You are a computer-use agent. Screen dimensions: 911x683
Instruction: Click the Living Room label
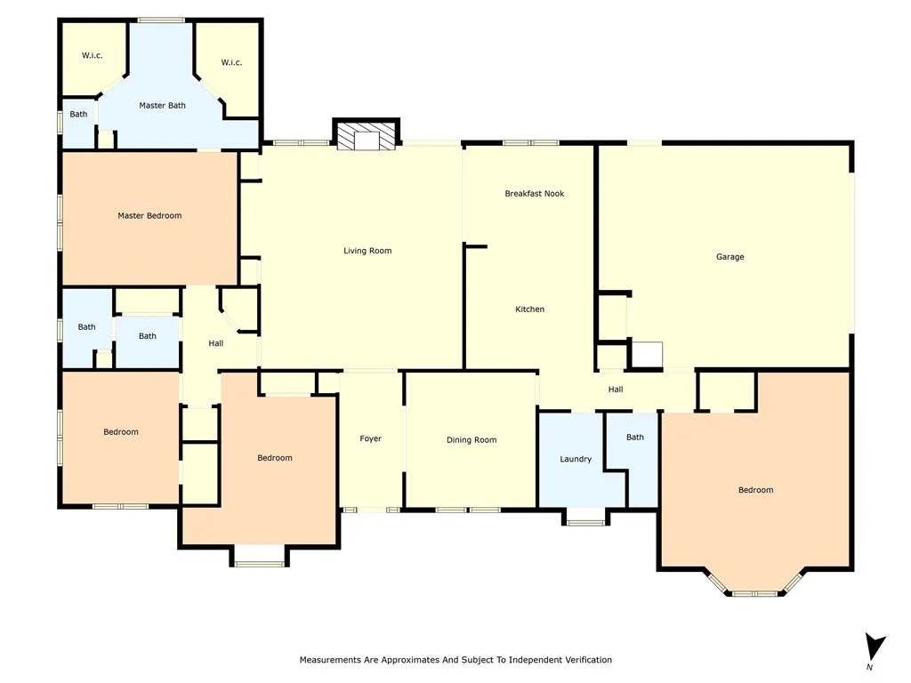[x=367, y=251]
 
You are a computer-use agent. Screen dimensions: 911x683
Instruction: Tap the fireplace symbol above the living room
[x=366, y=135]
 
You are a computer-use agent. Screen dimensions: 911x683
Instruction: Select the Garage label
[x=730, y=257]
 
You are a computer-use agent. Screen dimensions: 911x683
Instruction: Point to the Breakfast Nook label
[x=535, y=193]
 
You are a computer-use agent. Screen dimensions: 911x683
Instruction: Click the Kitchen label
[x=530, y=309]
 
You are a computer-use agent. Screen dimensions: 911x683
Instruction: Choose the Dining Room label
[x=472, y=439]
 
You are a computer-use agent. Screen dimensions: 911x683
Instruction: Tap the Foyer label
[x=371, y=438]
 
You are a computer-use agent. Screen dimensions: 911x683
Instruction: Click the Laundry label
[x=576, y=459]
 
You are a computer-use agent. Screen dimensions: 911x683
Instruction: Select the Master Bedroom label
[x=149, y=215]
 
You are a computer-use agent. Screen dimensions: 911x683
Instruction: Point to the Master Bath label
[x=162, y=105]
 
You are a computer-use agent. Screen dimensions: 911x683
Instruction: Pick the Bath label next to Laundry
[x=635, y=437]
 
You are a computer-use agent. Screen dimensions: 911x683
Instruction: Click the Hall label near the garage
[x=616, y=390]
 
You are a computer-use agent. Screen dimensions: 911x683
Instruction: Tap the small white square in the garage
[x=648, y=354]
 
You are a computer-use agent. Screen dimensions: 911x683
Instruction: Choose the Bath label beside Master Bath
[x=78, y=114]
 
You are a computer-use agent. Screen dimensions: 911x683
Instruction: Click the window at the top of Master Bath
[x=161, y=21]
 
